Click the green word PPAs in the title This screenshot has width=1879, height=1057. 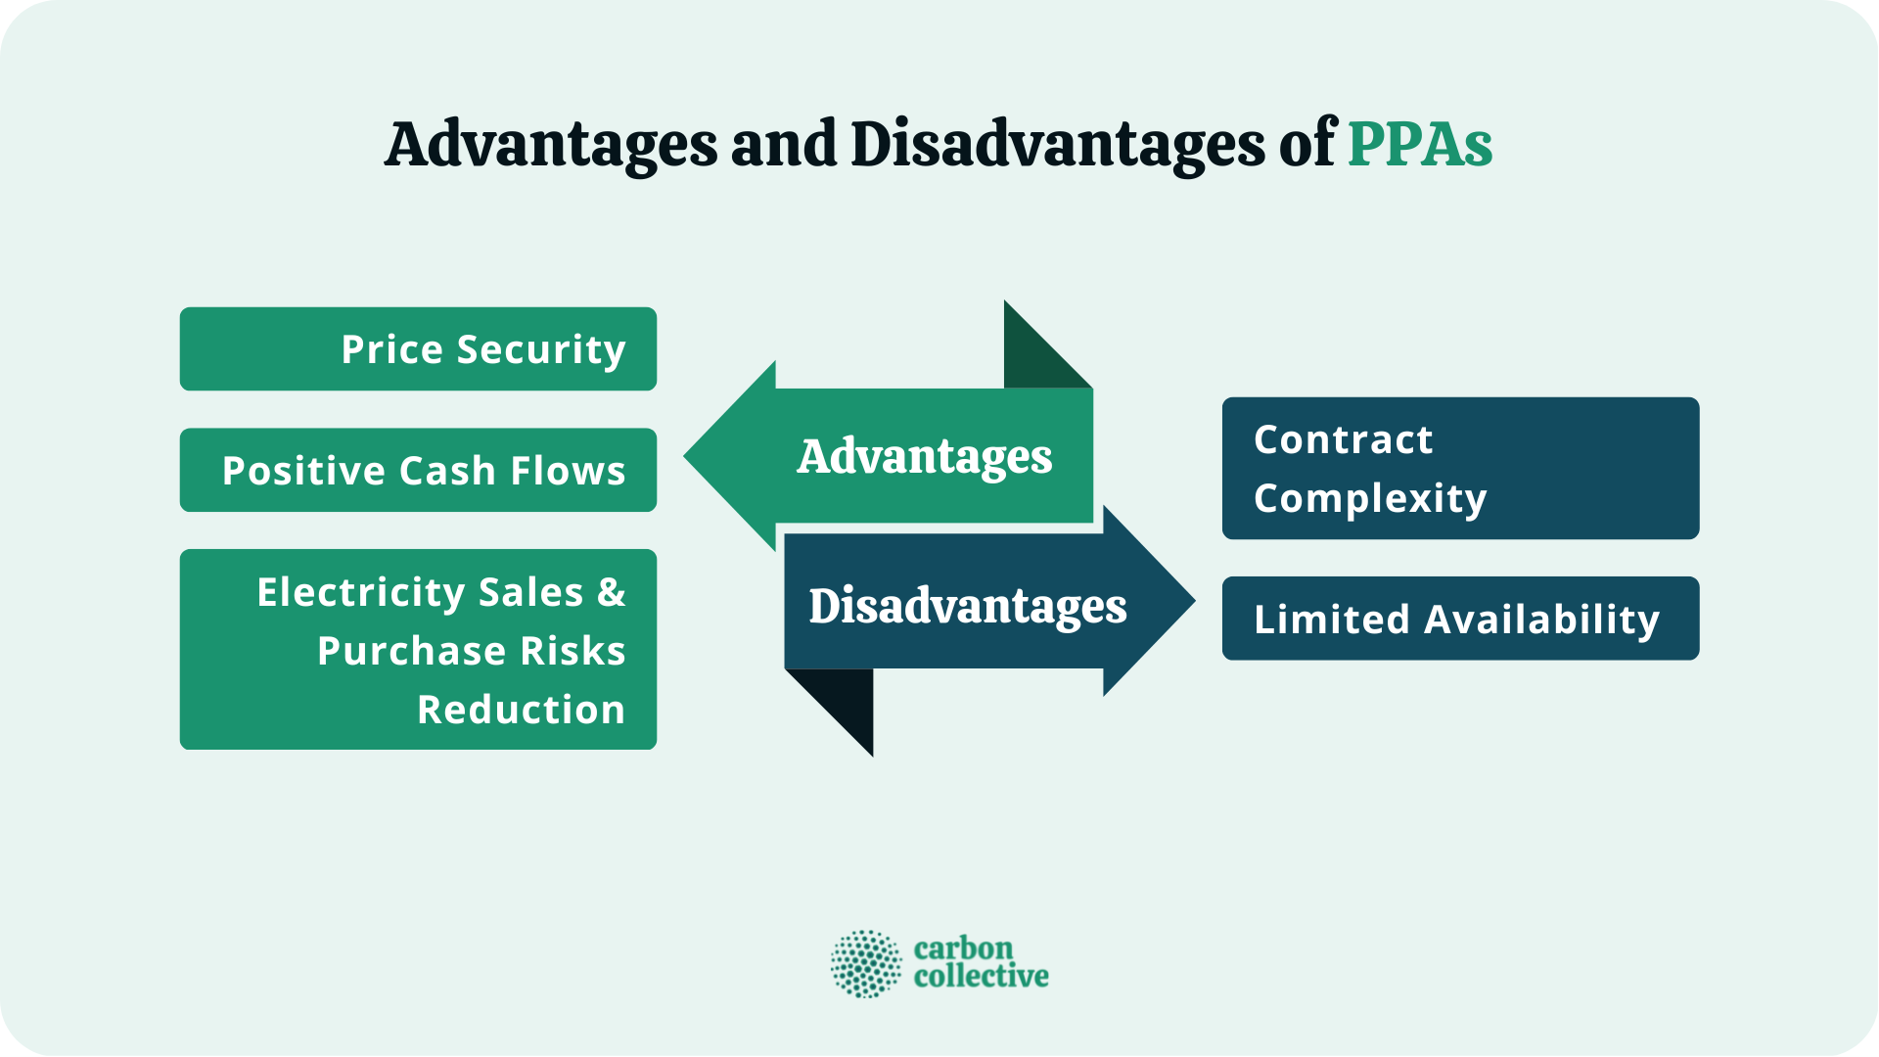pyautogui.click(x=1419, y=145)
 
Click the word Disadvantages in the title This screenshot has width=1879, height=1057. pyautogui.click(x=1057, y=145)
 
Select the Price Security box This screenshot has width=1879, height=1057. pyautogui.click(x=418, y=349)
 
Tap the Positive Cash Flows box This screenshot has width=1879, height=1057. pyautogui.click(x=418, y=471)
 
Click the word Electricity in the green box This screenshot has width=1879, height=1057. pyautogui.click(x=360, y=592)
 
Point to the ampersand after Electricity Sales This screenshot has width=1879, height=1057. pyautogui.click(x=611, y=592)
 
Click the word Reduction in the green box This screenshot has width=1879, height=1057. pyautogui.click(x=521, y=710)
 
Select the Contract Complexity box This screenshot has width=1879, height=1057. pyautogui.click(x=1460, y=468)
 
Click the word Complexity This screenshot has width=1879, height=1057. pyautogui.click(x=1370, y=499)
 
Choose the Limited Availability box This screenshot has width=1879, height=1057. pyautogui.click(x=1460, y=619)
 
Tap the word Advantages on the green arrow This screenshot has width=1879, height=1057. pyautogui.click(x=924, y=456)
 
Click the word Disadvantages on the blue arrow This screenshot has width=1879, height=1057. pyautogui.click(x=967, y=606)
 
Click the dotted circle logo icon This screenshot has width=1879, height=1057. pyautogui.click(x=866, y=964)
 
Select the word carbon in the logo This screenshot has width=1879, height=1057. pyautogui.click(x=963, y=948)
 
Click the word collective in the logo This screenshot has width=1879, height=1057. pyautogui.click(x=981, y=977)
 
